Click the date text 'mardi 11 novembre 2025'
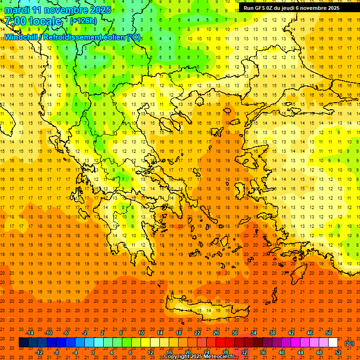click(58, 10)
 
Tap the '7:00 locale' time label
click(33, 21)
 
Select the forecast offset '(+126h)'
click(83, 21)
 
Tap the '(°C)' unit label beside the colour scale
click(349, 343)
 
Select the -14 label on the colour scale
click(30, 333)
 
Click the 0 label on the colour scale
click(93, 352)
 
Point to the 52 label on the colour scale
click(338, 352)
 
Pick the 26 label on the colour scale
click(216, 333)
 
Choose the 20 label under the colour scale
click(187, 352)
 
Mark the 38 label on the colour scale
click(272, 333)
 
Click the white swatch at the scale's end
click(333, 343)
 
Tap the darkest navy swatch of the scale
click(23, 343)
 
